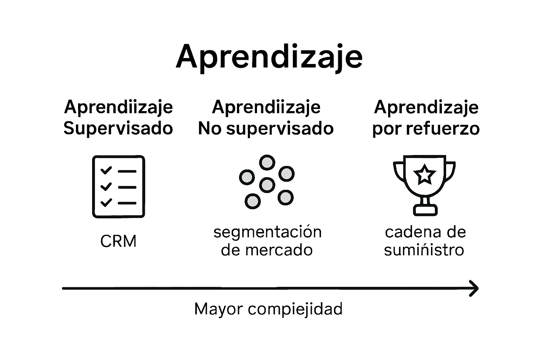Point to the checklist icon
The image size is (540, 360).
118,187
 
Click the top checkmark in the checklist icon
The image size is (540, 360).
106,171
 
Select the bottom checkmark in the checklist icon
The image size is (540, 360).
106,202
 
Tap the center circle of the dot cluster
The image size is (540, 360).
267,184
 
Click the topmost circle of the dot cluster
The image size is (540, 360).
267,162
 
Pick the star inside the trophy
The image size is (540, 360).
424,175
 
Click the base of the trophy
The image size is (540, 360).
425,210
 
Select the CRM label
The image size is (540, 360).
118,242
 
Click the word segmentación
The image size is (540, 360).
267,232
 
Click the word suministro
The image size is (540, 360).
424,250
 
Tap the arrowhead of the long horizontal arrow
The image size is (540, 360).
475,288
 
